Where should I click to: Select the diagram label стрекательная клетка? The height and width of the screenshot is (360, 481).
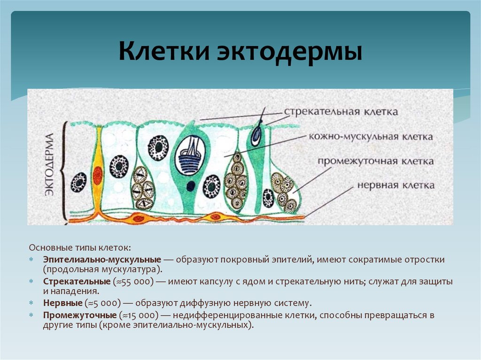[341, 112]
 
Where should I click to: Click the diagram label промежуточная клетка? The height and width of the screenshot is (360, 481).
[375, 161]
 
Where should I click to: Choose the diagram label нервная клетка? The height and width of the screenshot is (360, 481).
[396, 185]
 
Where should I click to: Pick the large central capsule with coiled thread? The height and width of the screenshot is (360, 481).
[190, 156]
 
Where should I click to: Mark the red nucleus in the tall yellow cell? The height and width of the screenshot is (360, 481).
[98, 175]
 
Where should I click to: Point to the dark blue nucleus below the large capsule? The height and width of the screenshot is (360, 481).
[190, 186]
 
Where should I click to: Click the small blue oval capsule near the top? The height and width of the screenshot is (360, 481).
[256, 136]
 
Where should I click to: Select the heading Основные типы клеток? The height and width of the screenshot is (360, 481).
[80, 247]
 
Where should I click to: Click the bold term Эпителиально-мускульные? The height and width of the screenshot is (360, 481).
[102, 260]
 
